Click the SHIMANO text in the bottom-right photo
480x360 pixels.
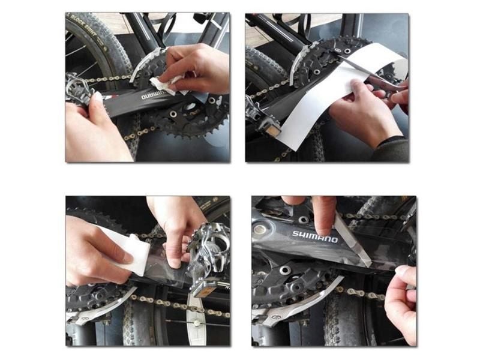coord(315,236)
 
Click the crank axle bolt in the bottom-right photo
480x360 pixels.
coord(260,229)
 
